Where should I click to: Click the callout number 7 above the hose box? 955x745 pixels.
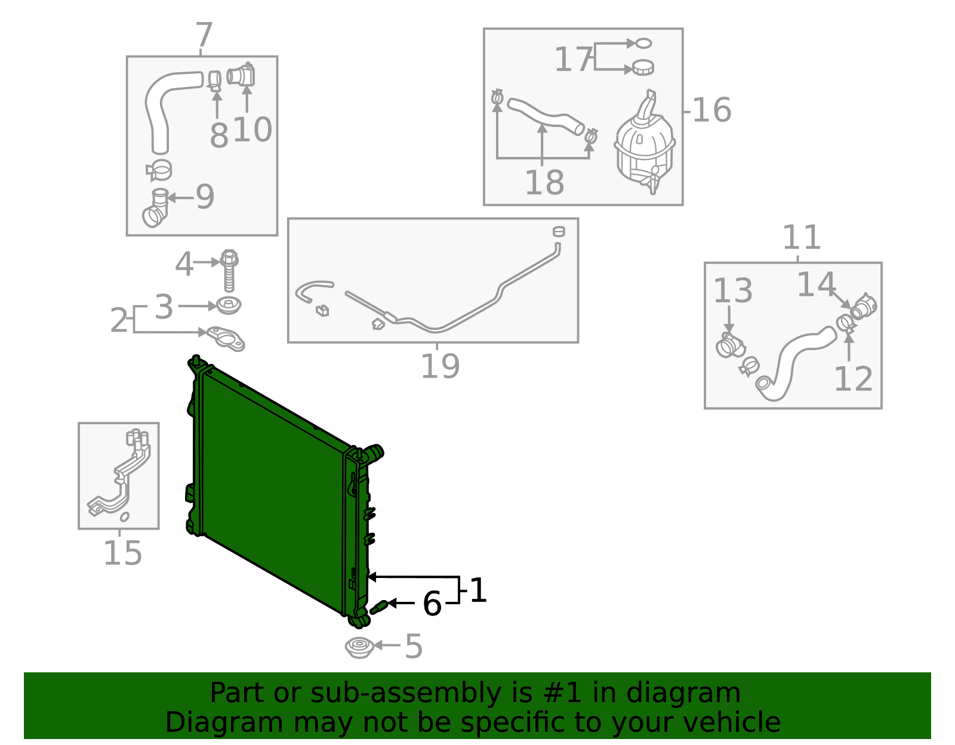[204, 36]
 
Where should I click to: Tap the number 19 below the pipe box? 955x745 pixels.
[440, 366]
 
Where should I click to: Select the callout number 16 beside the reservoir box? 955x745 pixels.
[712, 110]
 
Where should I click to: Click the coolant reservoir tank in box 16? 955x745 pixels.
[644, 146]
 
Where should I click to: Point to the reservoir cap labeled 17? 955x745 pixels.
[643, 67]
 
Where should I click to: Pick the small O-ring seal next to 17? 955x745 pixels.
[643, 43]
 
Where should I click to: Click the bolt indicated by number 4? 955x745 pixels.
[229, 271]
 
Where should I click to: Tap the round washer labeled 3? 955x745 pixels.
[228, 306]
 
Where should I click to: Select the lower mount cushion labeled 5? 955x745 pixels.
[359, 648]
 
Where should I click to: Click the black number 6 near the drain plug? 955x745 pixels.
[432, 604]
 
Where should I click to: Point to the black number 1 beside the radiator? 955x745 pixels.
[479, 591]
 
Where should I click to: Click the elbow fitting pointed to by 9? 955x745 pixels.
[156, 209]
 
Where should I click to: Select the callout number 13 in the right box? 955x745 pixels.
[733, 291]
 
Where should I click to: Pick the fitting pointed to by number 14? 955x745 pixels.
[862, 307]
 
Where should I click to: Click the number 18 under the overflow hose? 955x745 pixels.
[544, 183]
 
